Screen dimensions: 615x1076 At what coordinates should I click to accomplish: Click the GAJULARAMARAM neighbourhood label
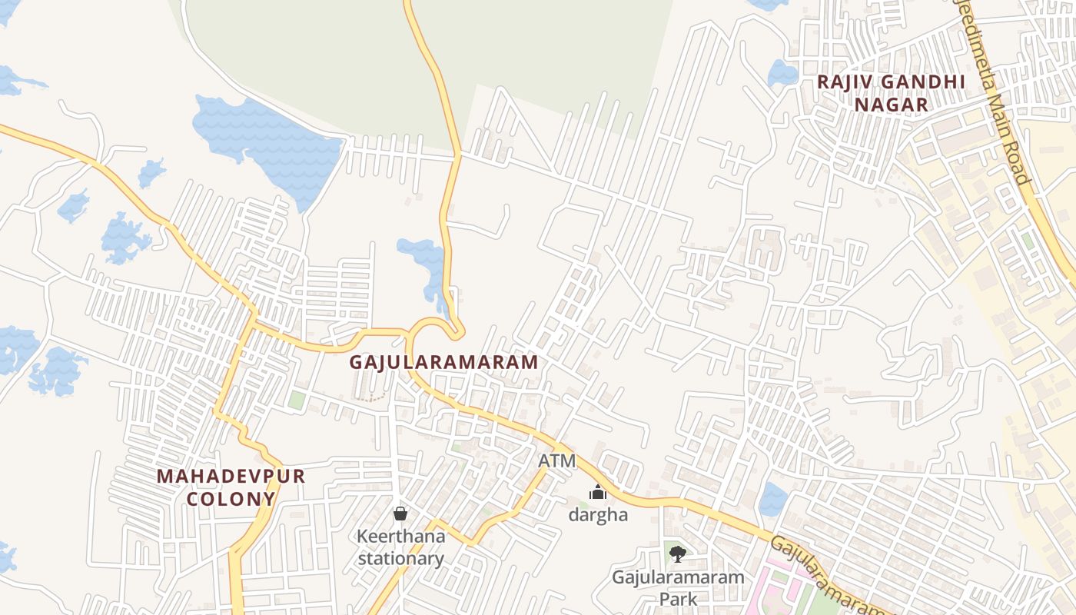(444, 362)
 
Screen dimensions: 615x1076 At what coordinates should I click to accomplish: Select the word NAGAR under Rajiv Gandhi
(892, 105)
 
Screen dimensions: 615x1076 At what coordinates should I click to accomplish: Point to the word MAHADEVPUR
(231, 477)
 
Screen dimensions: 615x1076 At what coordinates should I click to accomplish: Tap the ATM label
(556, 461)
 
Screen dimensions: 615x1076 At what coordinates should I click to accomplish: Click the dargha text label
(598, 515)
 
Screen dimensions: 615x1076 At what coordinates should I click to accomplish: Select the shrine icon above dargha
(598, 492)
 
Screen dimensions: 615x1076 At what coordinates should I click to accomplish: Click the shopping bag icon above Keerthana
(400, 513)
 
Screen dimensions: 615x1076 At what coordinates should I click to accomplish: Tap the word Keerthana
(400, 536)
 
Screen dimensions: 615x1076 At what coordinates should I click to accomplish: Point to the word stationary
(400, 558)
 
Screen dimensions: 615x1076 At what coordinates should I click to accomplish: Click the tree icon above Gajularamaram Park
(677, 553)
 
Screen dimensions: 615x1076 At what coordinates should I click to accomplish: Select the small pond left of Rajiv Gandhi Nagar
(782, 74)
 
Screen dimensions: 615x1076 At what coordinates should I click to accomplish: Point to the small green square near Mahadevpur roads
(296, 400)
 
